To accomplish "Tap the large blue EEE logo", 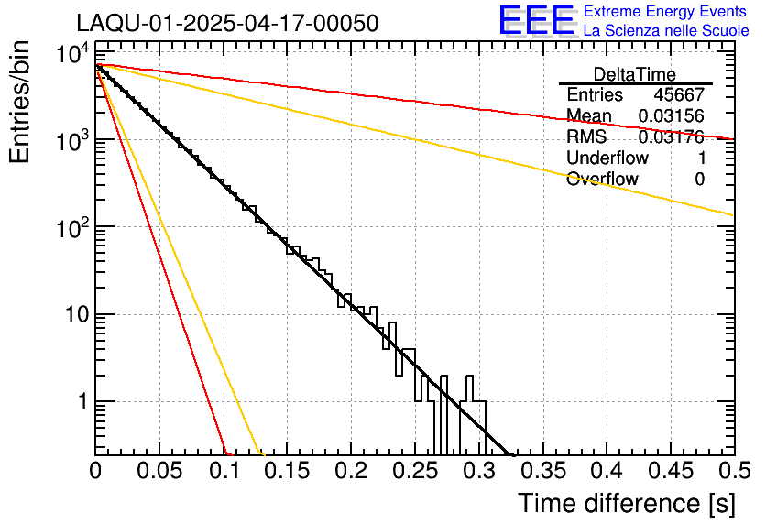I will pos(536,21).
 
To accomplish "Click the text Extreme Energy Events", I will pos(666,12).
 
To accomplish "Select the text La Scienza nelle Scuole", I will pos(666,31).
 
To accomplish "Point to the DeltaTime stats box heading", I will pos(635,74).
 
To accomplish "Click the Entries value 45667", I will pos(679,95).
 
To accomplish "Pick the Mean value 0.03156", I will pos(671,116).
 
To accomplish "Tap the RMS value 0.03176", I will pos(671,137).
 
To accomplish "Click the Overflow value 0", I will pos(699,180).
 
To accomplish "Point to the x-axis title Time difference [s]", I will pos(625,503).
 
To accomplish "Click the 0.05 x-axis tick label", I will pos(159,472).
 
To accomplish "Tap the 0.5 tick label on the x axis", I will pos(733,472).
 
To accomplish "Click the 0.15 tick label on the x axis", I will pos(287,472).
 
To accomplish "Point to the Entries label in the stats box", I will pos(595,95).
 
